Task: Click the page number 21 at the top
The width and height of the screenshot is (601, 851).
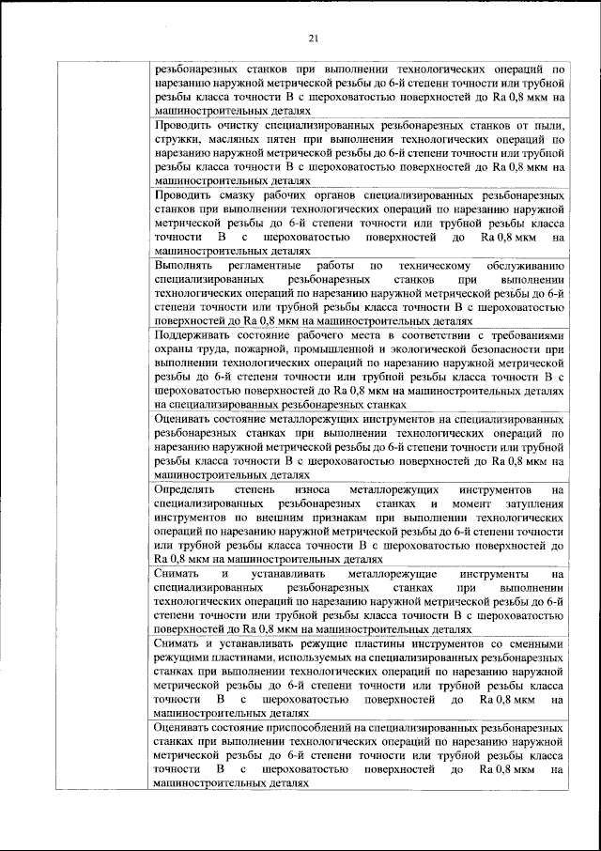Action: [x=314, y=38]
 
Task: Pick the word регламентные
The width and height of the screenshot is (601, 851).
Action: [x=269, y=267]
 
